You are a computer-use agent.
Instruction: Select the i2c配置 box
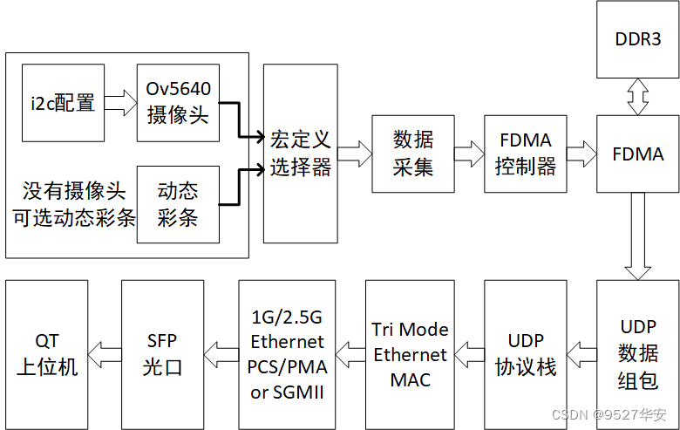(63, 103)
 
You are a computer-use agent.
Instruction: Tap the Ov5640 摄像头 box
(178, 102)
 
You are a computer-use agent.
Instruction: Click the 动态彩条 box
(178, 204)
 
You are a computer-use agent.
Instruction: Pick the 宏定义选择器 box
(300, 154)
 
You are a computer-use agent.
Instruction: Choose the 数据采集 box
(412, 154)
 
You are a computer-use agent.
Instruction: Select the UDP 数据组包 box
(638, 353)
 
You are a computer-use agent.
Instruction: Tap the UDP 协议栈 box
(525, 353)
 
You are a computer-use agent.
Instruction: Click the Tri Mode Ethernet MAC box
(410, 353)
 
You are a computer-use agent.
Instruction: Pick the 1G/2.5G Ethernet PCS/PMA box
(287, 353)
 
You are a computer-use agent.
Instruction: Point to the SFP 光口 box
(163, 353)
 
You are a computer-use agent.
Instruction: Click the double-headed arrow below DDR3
(637, 96)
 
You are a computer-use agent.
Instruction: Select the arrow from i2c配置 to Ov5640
(119, 103)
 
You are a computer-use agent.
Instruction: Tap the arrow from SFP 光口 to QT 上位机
(106, 353)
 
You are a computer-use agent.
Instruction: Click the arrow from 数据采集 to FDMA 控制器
(469, 154)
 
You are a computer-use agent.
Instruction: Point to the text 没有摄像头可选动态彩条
(74, 204)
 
